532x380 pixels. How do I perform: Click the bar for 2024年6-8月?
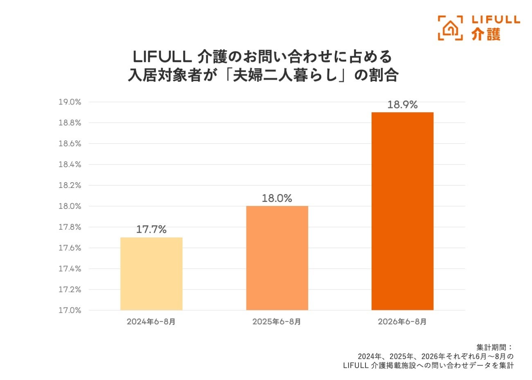click(x=151, y=274)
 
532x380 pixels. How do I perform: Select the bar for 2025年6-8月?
click(x=277, y=258)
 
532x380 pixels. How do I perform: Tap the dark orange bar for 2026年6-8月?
click(x=403, y=211)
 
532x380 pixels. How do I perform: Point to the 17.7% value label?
click(x=151, y=229)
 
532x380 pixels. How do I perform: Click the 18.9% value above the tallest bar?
click(x=403, y=104)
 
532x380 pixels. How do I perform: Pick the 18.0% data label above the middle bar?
click(x=277, y=198)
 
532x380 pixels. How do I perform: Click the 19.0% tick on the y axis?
click(x=70, y=102)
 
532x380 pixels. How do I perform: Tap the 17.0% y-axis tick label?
click(x=70, y=310)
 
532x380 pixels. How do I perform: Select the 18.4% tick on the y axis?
click(x=70, y=164)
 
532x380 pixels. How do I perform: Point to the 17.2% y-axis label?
click(x=70, y=290)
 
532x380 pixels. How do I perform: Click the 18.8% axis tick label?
click(x=70, y=122)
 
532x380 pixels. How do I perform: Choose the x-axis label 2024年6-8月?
click(x=151, y=321)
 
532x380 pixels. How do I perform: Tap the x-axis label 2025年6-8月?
click(x=277, y=321)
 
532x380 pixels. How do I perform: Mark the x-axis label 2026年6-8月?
click(x=402, y=321)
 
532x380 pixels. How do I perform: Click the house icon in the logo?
click(x=450, y=28)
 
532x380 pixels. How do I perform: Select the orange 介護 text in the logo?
click(x=486, y=34)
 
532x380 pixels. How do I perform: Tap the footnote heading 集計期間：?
click(x=495, y=347)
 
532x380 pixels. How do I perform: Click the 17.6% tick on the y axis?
click(x=70, y=248)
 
